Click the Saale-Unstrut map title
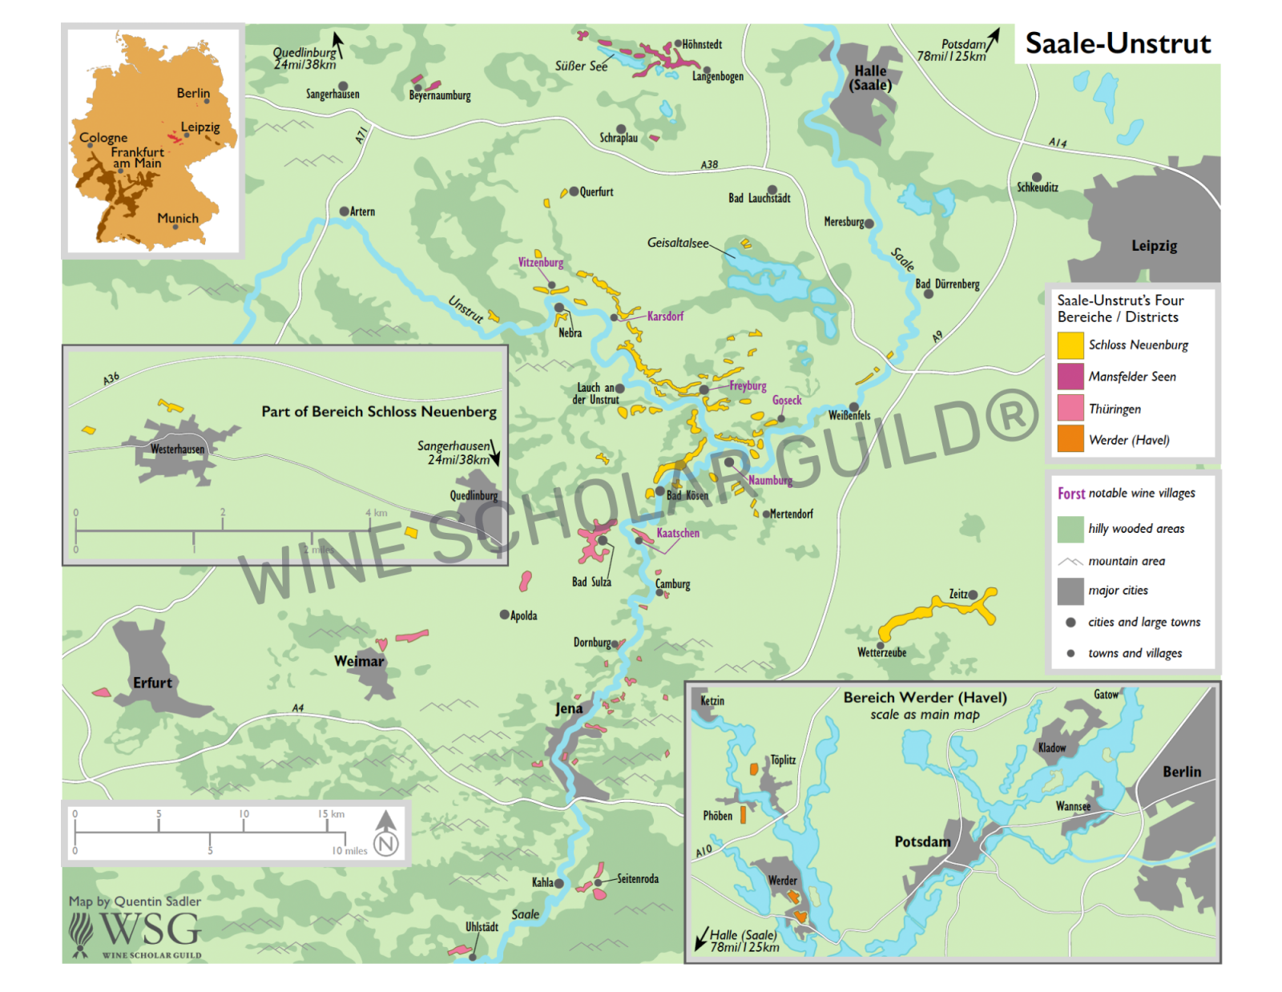click(1117, 43)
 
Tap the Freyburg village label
click(748, 386)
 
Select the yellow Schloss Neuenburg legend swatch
click(1070, 345)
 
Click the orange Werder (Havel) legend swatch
click(1070, 439)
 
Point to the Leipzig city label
click(1154, 246)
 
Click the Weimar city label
click(359, 661)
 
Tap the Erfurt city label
click(152, 683)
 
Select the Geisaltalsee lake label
click(678, 243)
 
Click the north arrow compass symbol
click(386, 833)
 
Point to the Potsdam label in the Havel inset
click(922, 842)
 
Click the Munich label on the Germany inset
click(178, 218)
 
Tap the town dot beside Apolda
click(504, 615)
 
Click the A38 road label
click(709, 165)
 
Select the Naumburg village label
click(770, 481)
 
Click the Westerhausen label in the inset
click(177, 450)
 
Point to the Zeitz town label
click(957, 595)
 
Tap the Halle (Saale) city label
click(870, 78)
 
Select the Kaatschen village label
click(678, 534)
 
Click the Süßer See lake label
click(581, 67)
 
